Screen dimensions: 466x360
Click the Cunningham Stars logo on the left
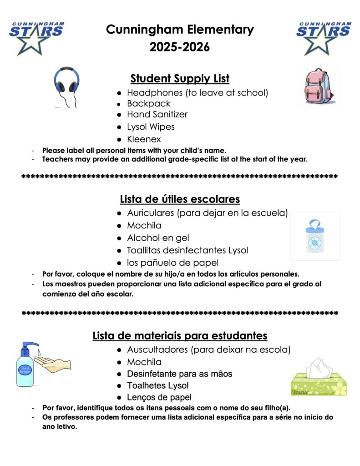(36, 37)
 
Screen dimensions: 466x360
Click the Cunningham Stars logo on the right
(323, 37)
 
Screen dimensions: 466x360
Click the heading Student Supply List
(180, 79)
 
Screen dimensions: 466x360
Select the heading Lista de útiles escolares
(180, 199)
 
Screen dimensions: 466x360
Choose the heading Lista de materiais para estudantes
(180, 336)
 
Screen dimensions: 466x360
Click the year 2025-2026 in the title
(180, 47)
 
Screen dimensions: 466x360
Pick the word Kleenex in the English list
(144, 139)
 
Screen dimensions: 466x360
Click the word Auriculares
(151, 213)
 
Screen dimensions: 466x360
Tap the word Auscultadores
(157, 350)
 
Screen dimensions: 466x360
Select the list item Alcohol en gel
(158, 238)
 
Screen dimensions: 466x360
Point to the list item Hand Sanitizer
(157, 114)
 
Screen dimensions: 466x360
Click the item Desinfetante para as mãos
(179, 374)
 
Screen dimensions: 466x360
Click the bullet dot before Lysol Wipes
(119, 127)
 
